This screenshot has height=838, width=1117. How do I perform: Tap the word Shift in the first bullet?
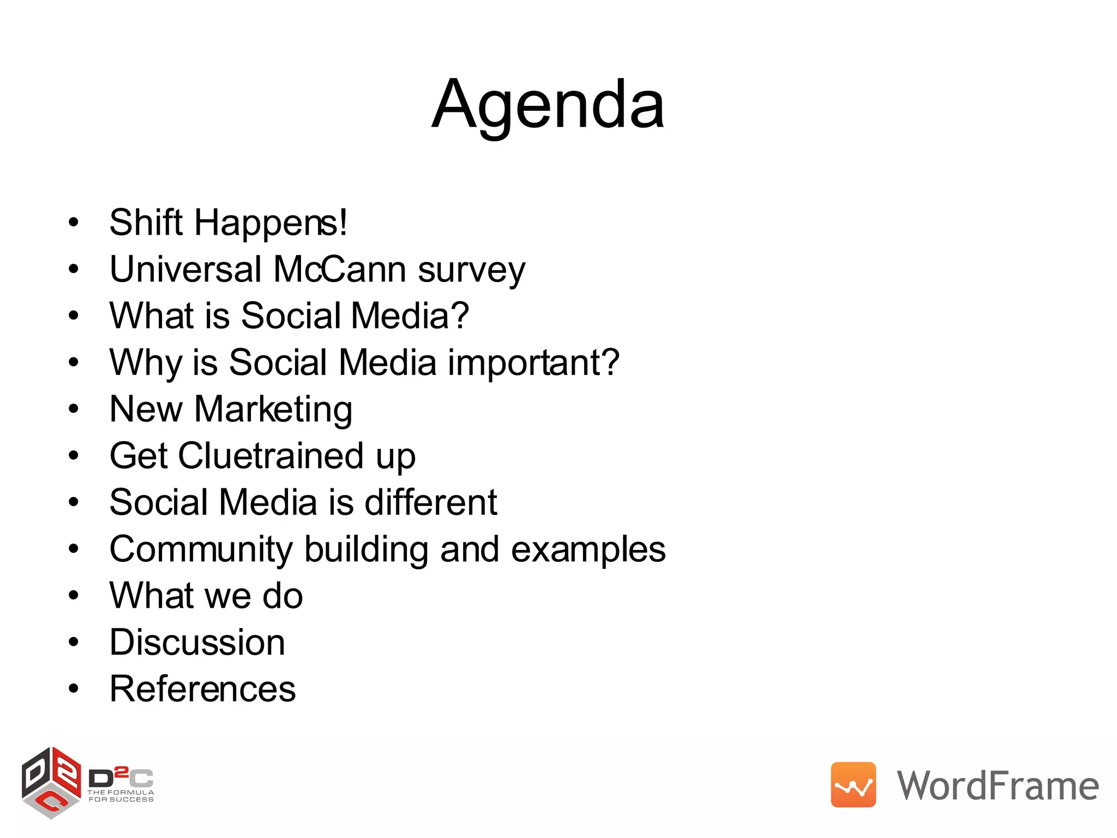tap(146, 223)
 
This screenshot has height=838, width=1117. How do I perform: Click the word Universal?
tap(185, 270)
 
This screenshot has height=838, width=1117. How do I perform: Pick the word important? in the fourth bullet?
tap(533, 363)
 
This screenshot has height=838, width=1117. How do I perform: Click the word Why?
tap(145, 363)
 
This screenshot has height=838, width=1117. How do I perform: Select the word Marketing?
tap(273, 410)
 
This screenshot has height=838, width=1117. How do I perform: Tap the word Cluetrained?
tap(271, 456)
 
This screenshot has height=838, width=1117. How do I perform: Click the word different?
tap(430, 502)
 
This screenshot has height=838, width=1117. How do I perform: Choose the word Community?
tap(201, 549)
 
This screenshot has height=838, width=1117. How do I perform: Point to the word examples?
tap(588, 549)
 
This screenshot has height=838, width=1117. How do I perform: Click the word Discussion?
tap(197, 642)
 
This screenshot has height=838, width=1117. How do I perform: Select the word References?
tap(202, 689)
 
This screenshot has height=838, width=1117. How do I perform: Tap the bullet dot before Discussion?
tap(74, 643)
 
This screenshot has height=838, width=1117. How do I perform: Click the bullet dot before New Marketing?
tap(74, 409)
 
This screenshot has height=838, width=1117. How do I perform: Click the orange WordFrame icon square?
tap(853, 785)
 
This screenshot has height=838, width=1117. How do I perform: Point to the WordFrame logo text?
tap(998, 786)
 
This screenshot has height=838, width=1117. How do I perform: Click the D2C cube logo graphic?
tap(51, 782)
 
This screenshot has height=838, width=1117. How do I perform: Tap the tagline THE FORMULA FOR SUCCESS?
tap(121, 796)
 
